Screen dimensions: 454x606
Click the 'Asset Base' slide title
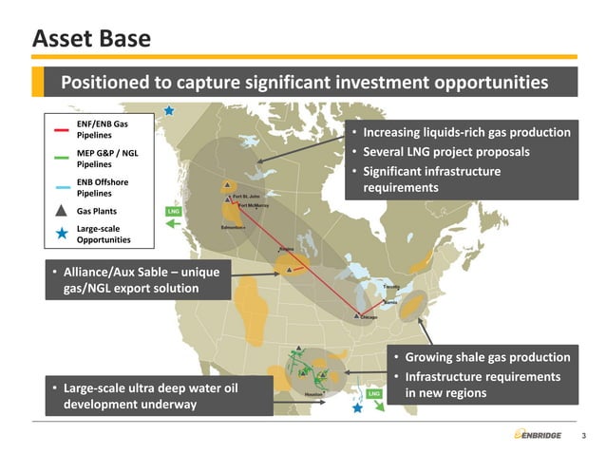click(x=91, y=38)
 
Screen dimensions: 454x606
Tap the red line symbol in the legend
click(x=62, y=130)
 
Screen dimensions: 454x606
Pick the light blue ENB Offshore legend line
click(x=62, y=187)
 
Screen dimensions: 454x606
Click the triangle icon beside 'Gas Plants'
click(x=62, y=211)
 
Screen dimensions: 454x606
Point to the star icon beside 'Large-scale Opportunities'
click(x=62, y=235)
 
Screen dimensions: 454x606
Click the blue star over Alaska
click(x=169, y=110)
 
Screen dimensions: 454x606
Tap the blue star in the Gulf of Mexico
click(x=357, y=407)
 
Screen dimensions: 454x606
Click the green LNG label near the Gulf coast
click(x=374, y=393)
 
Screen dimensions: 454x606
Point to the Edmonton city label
click(x=233, y=229)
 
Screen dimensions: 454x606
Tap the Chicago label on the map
click(x=369, y=317)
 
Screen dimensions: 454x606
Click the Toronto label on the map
click(x=391, y=286)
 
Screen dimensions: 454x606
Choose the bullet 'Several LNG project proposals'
click(x=446, y=152)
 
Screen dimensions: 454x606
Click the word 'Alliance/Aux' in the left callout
click(x=104, y=273)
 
